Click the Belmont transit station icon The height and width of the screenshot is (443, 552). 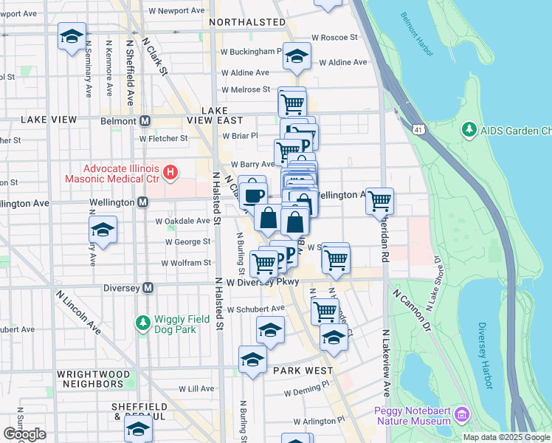pyautogui.click(x=145, y=120)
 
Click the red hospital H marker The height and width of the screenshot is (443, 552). pyautogui.click(x=171, y=174)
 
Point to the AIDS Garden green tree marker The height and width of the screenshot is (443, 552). pyautogui.click(x=468, y=130)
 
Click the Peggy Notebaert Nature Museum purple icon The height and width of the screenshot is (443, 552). pyautogui.click(x=462, y=414)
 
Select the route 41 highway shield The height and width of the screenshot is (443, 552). pyautogui.click(x=419, y=130)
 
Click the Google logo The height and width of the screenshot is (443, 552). pyautogui.click(x=24, y=434)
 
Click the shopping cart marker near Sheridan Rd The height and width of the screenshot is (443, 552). pyautogui.click(x=379, y=200)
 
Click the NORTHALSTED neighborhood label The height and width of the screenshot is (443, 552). pyautogui.click(x=246, y=22)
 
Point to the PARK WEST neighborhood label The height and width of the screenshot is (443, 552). pyautogui.click(x=302, y=370)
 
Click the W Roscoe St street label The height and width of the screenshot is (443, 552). pyautogui.click(x=334, y=37)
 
